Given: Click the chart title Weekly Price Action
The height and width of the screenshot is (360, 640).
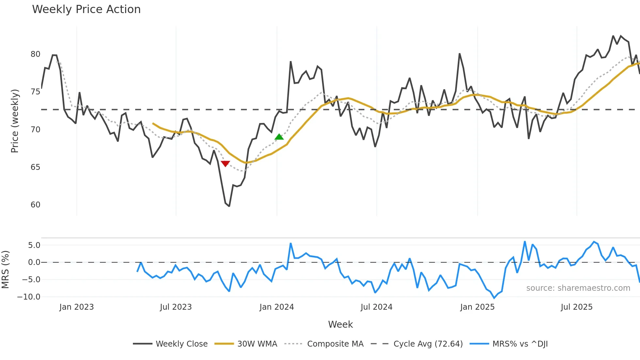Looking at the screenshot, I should point(86,9).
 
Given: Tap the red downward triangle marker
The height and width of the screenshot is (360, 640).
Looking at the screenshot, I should point(225,163).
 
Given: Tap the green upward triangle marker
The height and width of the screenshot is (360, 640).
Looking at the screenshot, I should point(279,137).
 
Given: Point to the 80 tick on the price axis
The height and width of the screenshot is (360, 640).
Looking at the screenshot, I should point(36,54).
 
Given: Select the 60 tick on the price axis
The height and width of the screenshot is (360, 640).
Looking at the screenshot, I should point(36,205).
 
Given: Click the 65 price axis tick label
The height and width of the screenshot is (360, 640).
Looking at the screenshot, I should point(36,167).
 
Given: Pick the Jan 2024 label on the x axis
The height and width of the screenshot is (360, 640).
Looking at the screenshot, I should point(277,307).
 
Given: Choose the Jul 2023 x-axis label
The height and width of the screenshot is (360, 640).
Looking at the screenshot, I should point(176,307).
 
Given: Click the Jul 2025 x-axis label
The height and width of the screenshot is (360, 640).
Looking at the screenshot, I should point(576,307).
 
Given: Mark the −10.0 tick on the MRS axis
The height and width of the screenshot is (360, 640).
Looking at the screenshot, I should point(29,297).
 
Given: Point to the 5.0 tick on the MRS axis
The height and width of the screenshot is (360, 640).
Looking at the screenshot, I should point(34,245).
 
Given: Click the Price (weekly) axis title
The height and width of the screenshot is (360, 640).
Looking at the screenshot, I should point(15,121).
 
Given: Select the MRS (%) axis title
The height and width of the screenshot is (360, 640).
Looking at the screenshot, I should point(6,270).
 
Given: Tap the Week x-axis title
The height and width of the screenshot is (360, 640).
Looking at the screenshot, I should point(340,324).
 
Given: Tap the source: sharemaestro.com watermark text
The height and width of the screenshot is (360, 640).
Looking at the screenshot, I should point(578,288).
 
